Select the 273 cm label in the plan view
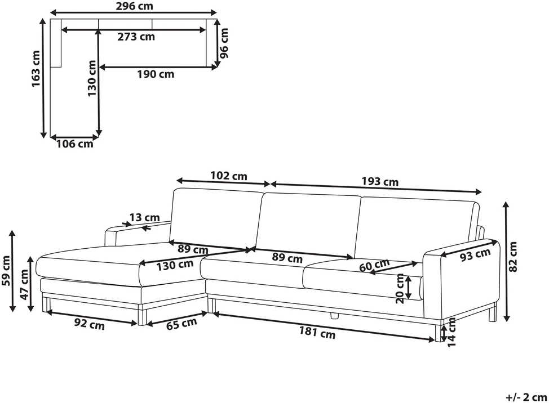(x=136, y=37)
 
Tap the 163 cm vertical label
(x=36, y=69)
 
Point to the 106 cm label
(x=74, y=144)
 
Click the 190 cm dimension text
(x=156, y=74)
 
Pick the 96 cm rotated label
(x=223, y=43)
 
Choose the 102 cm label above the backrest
(x=229, y=176)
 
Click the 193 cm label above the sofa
(x=380, y=181)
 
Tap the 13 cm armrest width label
(x=145, y=217)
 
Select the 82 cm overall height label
(x=512, y=257)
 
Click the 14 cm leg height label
(x=451, y=332)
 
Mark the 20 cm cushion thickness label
(x=400, y=289)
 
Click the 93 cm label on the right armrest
(x=475, y=255)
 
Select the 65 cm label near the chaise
(x=181, y=324)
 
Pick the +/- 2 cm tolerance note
(x=526, y=397)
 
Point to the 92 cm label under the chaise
(x=89, y=324)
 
